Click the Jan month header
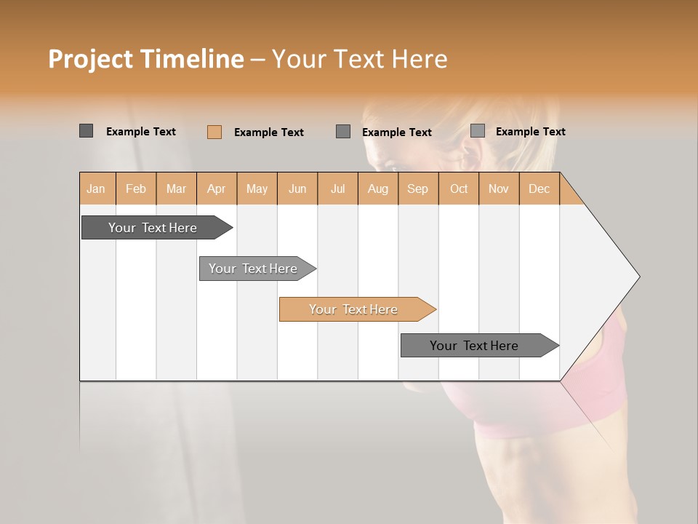click(x=97, y=188)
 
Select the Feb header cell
click(x=136, y=188)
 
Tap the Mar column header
click(x=176, y=188)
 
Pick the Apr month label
click(x=217, y=188)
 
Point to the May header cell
click(x=257, y=188)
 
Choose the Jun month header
click(x=297, y=188)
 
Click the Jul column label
click(x=337, y=188)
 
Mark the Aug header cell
click(x=378, y=188)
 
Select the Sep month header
click(x=418, y=188)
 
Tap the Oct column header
click(x=459, y=188)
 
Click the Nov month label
click(x=499, y=188)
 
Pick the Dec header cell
click(x=539, y=188)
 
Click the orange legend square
click(x=214, y=132)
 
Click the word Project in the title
click(x=91, y=59)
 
